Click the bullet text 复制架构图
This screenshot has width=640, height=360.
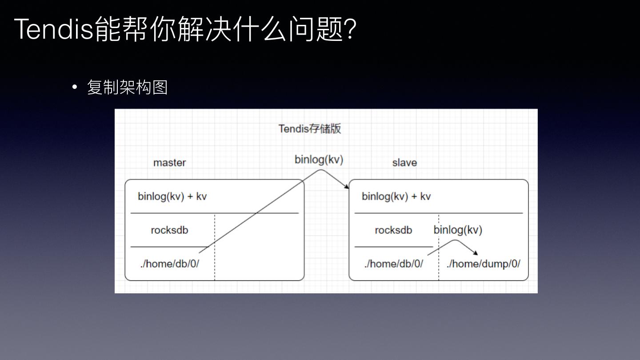(128, 87)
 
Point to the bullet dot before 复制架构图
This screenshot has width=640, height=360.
(75, 87)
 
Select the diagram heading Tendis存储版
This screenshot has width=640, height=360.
(310, 129)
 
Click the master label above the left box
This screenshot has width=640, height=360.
(169, 163)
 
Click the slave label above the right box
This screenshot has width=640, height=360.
(404, 163)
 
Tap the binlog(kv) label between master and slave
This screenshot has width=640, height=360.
(319, 160)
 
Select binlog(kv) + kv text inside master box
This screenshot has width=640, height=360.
(172, 196)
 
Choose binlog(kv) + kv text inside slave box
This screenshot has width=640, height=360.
(396, 196)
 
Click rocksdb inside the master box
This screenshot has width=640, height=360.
(169, 230)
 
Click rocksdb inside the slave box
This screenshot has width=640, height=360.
(393, 230)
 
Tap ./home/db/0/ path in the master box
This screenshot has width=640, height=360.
(169, 264)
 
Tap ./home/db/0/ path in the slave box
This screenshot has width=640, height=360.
(393, 264)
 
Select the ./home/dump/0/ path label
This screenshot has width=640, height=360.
(483, 264)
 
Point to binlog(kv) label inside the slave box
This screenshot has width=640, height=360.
(458, 230)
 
